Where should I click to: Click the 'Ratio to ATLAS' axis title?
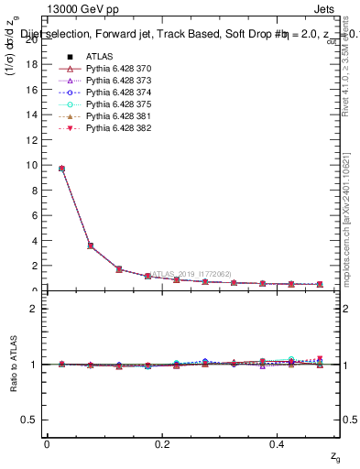[x=13, y=365]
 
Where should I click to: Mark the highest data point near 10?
[x=61, y=169]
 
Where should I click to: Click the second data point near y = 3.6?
[x=90, y=245]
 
